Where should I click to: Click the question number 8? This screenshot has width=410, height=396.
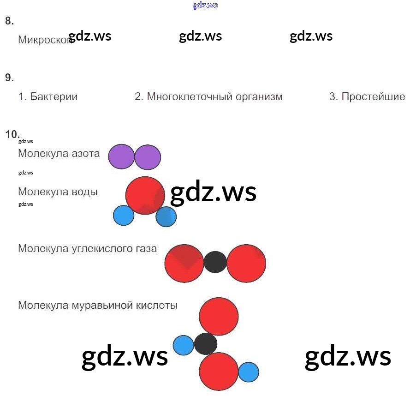coord(9,21)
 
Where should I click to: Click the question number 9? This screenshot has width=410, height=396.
coord(9,78)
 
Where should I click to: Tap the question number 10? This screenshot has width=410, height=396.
coord(12,134)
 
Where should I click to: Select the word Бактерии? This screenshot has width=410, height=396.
coord(54,97)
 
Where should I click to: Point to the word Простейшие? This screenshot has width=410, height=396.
coord(374,97)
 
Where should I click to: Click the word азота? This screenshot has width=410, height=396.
coord(85,153)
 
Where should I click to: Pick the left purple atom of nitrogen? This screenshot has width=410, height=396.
coord(121,157)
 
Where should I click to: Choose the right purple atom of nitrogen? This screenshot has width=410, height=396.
coord(148,157)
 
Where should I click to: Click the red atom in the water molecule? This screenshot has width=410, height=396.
coord(145,195)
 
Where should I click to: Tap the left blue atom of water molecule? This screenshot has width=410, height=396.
coord(124,216)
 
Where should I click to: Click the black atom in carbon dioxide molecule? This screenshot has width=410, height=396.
coord(215,262)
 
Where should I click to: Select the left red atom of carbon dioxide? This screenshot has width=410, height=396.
coord(184,263)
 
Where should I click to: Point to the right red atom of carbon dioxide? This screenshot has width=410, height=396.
coord(246,263)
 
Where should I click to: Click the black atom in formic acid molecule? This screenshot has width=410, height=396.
coord(206,344)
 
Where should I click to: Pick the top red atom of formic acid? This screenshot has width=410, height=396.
coord(219,316)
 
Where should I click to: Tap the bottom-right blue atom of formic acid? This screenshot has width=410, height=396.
coord(249,372)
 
